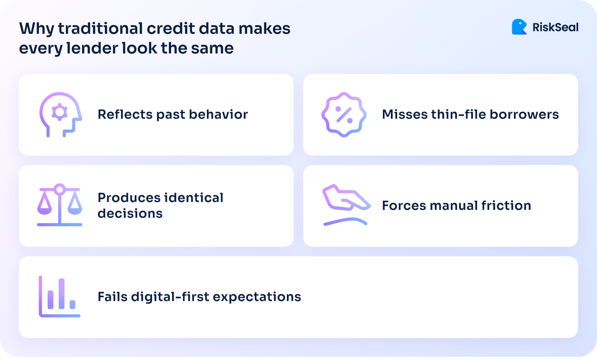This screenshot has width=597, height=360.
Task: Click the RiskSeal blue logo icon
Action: point(519,27)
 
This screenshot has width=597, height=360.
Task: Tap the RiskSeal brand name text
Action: point(555,28)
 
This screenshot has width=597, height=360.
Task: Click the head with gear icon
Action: point(60,114)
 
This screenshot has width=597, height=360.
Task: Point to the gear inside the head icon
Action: point(60,112)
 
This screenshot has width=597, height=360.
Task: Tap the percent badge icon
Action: point(344,114)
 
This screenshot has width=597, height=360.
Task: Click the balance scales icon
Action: point(60,205)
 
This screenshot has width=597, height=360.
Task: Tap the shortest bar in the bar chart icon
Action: point(73,304)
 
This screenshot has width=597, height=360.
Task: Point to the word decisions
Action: point(130,213)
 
